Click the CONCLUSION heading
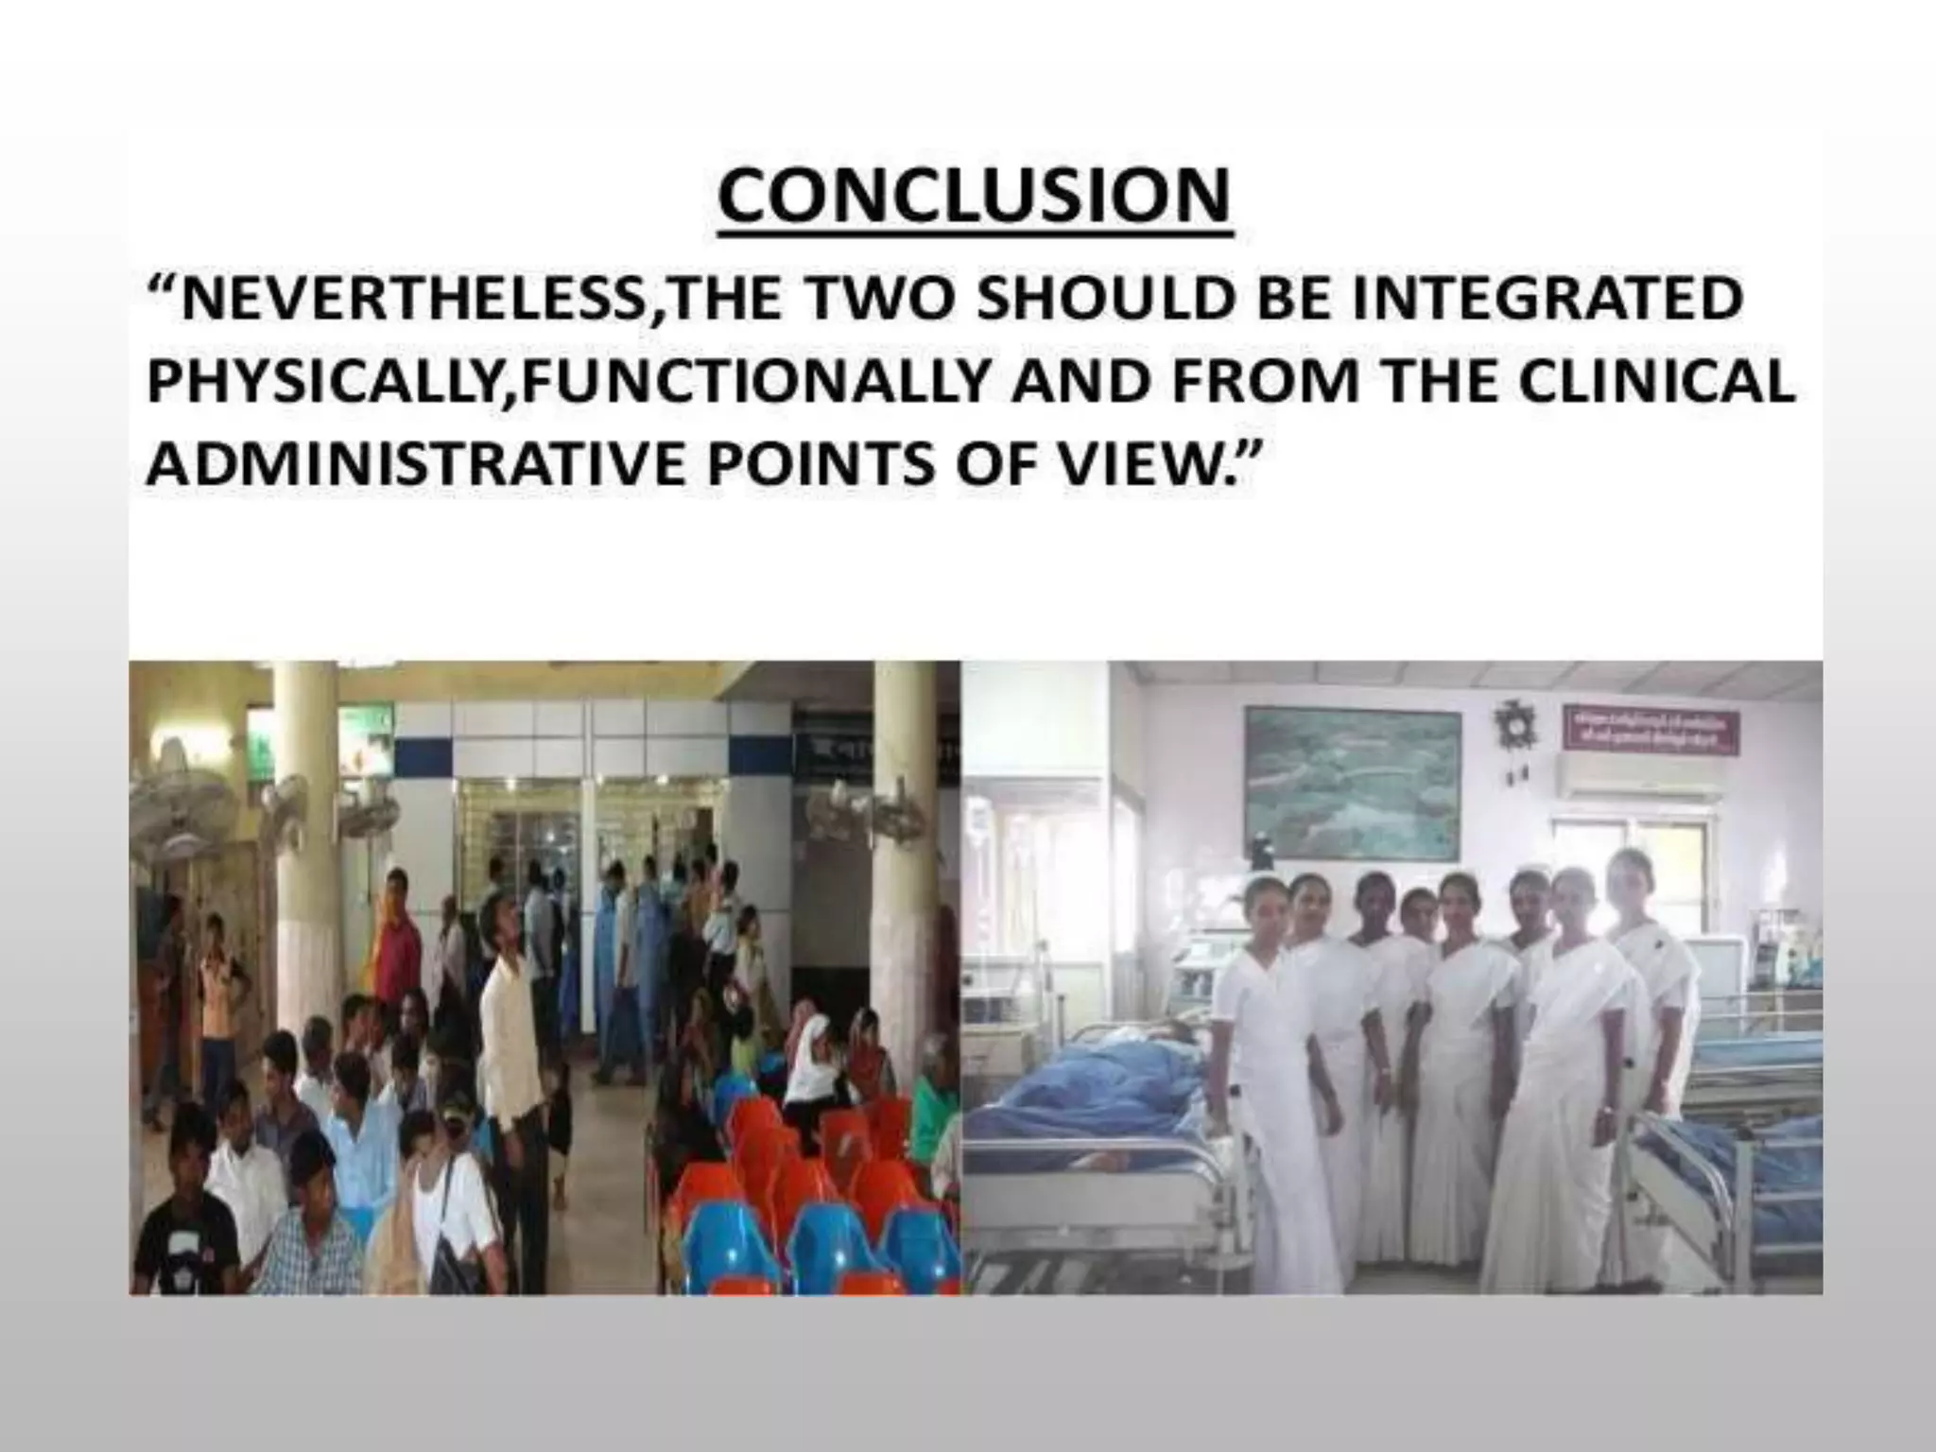974,197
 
